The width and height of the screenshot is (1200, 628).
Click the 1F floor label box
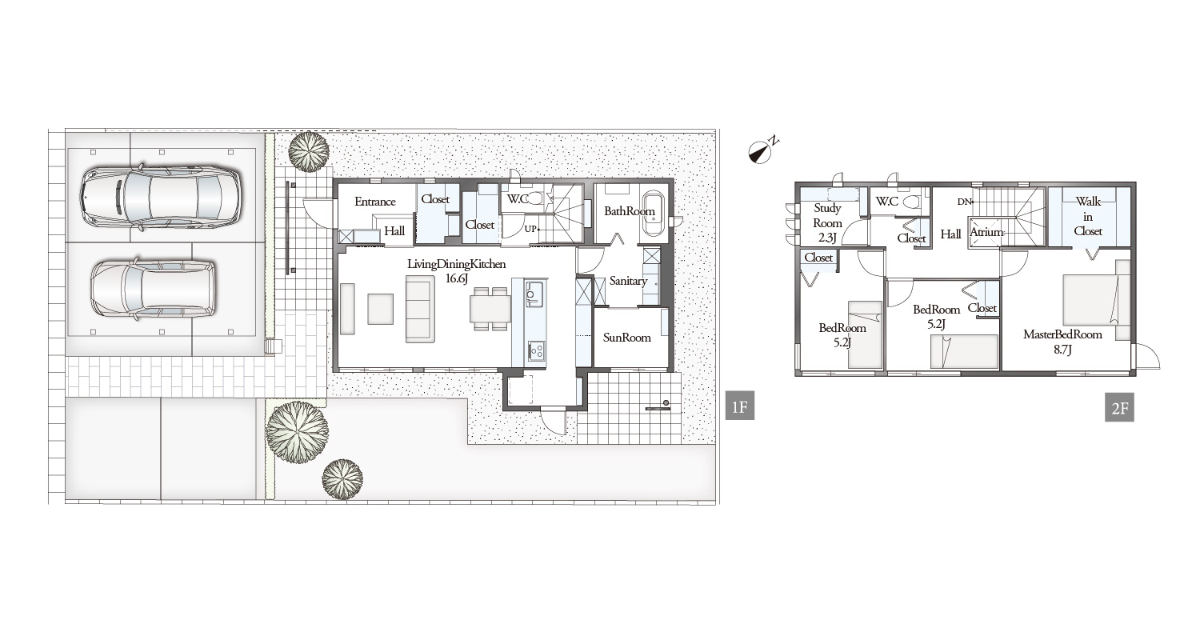740,406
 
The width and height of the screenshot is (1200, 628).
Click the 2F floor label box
1120,408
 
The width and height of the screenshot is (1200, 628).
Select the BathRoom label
630,211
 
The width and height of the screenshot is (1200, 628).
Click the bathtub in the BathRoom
653,214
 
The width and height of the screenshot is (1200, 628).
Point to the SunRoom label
626,338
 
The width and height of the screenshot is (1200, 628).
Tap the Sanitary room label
628,281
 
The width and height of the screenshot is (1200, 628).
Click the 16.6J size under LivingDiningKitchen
457,278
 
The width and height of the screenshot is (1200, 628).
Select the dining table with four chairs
490,309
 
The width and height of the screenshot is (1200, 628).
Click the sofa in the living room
419,309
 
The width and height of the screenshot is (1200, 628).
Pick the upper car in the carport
161,197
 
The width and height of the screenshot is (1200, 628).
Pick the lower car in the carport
154,290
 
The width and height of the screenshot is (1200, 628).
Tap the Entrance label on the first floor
375,202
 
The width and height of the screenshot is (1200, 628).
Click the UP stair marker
531,229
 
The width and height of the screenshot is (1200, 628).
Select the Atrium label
986,232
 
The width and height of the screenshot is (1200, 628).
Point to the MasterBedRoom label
1062,334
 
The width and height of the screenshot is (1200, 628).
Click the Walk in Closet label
1088,217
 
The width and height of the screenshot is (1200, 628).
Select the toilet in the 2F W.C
910,202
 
